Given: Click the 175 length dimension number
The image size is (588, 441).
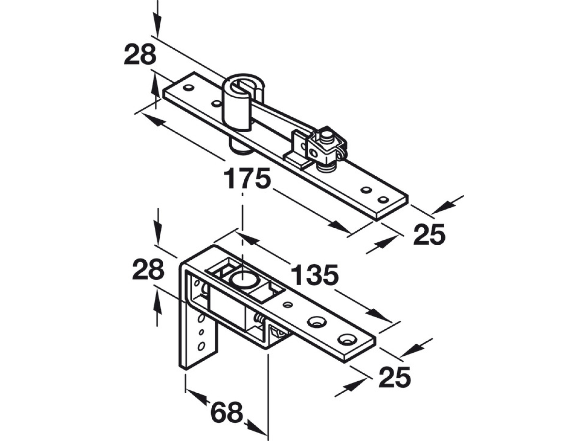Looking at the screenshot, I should [247, 178].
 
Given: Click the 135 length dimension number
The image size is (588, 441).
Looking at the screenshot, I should [314, 274].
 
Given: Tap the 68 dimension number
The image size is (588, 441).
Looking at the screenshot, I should [227, 412].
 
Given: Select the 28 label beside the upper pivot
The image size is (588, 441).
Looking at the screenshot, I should [140, 55].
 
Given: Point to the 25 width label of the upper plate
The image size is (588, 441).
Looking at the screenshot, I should [429, 235].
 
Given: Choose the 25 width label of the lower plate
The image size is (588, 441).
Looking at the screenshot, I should [395, 377].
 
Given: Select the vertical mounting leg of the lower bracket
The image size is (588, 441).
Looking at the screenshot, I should [198, 340].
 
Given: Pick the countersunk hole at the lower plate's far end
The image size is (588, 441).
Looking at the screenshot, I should [347, 340].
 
